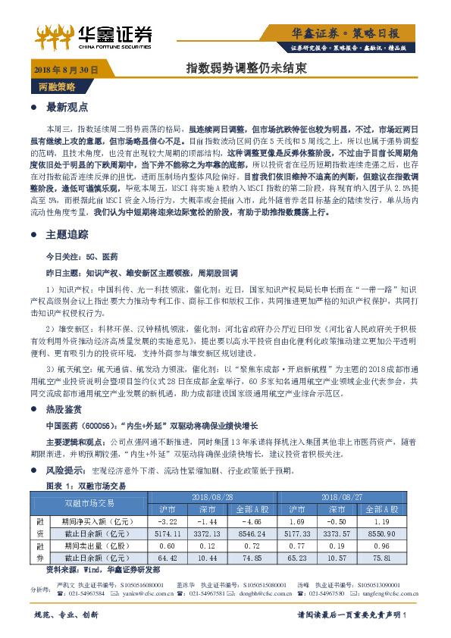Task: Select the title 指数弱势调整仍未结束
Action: (246, 69)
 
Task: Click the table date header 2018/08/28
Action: (213, 496)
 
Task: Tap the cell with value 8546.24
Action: (255, 534)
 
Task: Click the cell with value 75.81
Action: (382, 558)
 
